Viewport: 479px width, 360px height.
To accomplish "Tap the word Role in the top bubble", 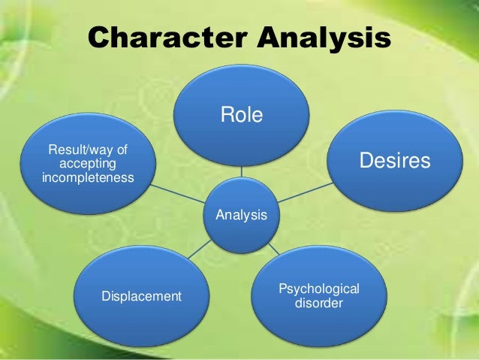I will click(241, 115).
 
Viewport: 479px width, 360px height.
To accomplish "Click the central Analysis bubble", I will click(242, 216).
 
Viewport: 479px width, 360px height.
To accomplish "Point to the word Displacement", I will click(141, 296).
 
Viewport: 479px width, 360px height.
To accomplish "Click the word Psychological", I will click(319, 289).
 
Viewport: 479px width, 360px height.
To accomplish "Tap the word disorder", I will click(319, 304).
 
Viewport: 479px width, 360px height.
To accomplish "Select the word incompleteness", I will click(88, 178).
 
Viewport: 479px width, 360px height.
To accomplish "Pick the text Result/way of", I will click(88, 151).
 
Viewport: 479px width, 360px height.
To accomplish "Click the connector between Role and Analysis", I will click(241, 172).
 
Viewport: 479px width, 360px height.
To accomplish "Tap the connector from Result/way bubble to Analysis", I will click(180, 194).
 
